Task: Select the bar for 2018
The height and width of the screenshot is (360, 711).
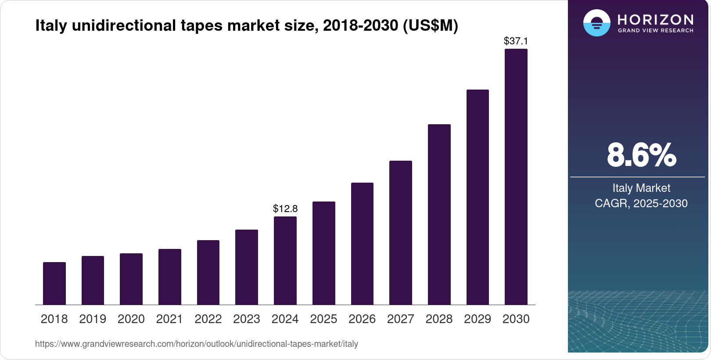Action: (54, 283)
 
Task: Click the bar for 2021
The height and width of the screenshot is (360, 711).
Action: (170, 277)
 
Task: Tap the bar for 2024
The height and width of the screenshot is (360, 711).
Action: (285, 260)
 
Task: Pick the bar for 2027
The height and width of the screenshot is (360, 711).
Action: (401, 233)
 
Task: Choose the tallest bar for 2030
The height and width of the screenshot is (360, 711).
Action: (516, 176)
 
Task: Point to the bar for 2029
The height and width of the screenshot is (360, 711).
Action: (478, 197)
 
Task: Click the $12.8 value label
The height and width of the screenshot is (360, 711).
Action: (285, 209)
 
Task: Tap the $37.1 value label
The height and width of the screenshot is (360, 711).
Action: (516, 41)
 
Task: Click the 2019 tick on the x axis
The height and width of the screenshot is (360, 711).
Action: (93, 319)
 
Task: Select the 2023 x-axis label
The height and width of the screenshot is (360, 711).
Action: (247, 319)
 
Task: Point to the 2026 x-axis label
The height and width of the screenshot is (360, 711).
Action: (362, 319)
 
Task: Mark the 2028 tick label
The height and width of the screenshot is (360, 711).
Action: (439, 319)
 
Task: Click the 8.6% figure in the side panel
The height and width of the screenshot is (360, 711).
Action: (641, 155)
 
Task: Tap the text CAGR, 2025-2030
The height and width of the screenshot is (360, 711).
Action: (641, 203)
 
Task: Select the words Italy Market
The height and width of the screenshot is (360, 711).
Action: (641, 188)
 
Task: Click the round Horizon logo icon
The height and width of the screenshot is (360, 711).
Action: (596, 23)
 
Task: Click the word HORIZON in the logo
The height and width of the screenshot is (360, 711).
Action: (655, 19)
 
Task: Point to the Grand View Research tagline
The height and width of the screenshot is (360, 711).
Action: (655, 31)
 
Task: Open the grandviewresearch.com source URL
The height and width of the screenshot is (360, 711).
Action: (197, 344)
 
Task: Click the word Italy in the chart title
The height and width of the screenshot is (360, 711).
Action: (51, 25)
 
